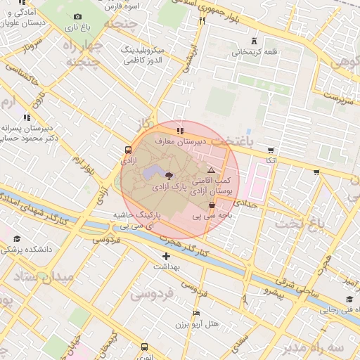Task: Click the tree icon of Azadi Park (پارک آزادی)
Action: [169, 175]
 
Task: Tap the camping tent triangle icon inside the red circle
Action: [210, 171]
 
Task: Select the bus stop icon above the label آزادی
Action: [127, 150]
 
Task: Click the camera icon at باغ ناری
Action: [77, 16]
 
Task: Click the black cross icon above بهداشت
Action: [166, 256]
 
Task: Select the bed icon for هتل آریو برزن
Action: [196, 313]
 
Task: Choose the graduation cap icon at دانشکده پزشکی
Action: [17, 239]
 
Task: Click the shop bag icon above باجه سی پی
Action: [212, 205]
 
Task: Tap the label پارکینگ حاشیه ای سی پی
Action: [138, 219]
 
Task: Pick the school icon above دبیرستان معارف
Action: [180, 130]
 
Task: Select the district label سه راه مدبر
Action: [324, 348]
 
